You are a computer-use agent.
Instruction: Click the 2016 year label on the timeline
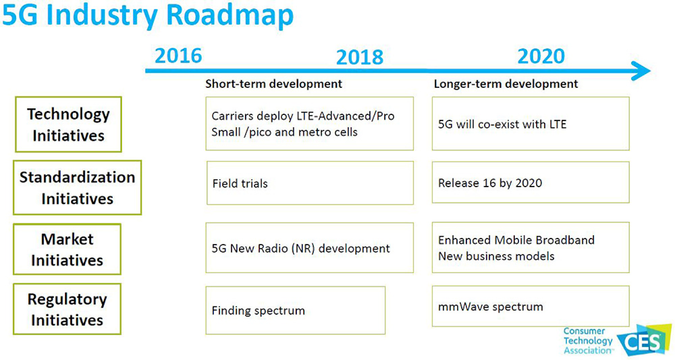coord(178,56)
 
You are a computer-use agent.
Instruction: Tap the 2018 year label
coord(360,57)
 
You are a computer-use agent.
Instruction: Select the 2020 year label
coord(541,56)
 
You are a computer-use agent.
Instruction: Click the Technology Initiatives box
coord(68,124)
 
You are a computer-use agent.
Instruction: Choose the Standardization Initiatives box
coord(77,187)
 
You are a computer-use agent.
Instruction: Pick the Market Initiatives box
coord(67,249)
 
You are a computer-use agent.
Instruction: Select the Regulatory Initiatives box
coord(67,309)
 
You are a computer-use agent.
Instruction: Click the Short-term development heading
coord(274,84)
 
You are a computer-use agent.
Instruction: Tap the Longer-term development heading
coord(506,84)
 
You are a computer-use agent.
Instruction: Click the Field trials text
coord(240,183)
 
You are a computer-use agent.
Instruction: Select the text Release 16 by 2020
coord(490,183)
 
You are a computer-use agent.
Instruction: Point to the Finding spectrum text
coord(258,310)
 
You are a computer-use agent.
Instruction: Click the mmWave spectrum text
coord(490,307)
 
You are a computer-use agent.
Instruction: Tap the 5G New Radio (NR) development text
coord(300,248)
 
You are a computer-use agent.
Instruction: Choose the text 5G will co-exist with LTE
coord(502,124)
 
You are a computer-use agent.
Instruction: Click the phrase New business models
coord(496,256)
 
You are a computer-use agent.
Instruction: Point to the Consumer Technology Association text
coord(588,341)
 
